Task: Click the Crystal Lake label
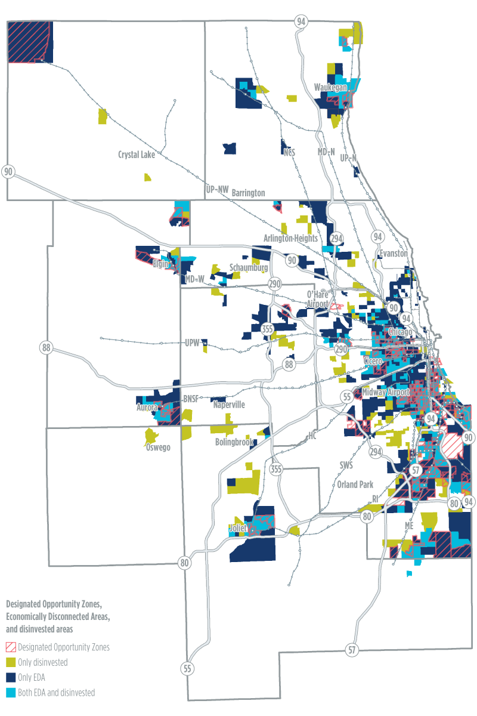(x=137, y=155)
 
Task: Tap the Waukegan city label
(x=331, y=88)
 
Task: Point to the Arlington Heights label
(x=292, y=238)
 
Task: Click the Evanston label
(x=391, y=254)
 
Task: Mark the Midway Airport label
(x=386, y=392)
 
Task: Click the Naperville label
(x=230, y=404)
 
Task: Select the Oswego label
(x=157, y=447)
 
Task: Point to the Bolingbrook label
(x=235, y=442)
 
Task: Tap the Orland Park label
(x=355, y=484)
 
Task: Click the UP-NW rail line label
(x=217, y=189)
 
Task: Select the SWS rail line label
(x=346, y=464)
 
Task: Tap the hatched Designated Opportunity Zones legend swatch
(x=11, y=647)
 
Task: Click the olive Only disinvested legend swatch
(x=11, y=662)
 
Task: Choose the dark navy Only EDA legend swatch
(x=11, y=677)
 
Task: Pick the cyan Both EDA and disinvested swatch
(x=11, y=693)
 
